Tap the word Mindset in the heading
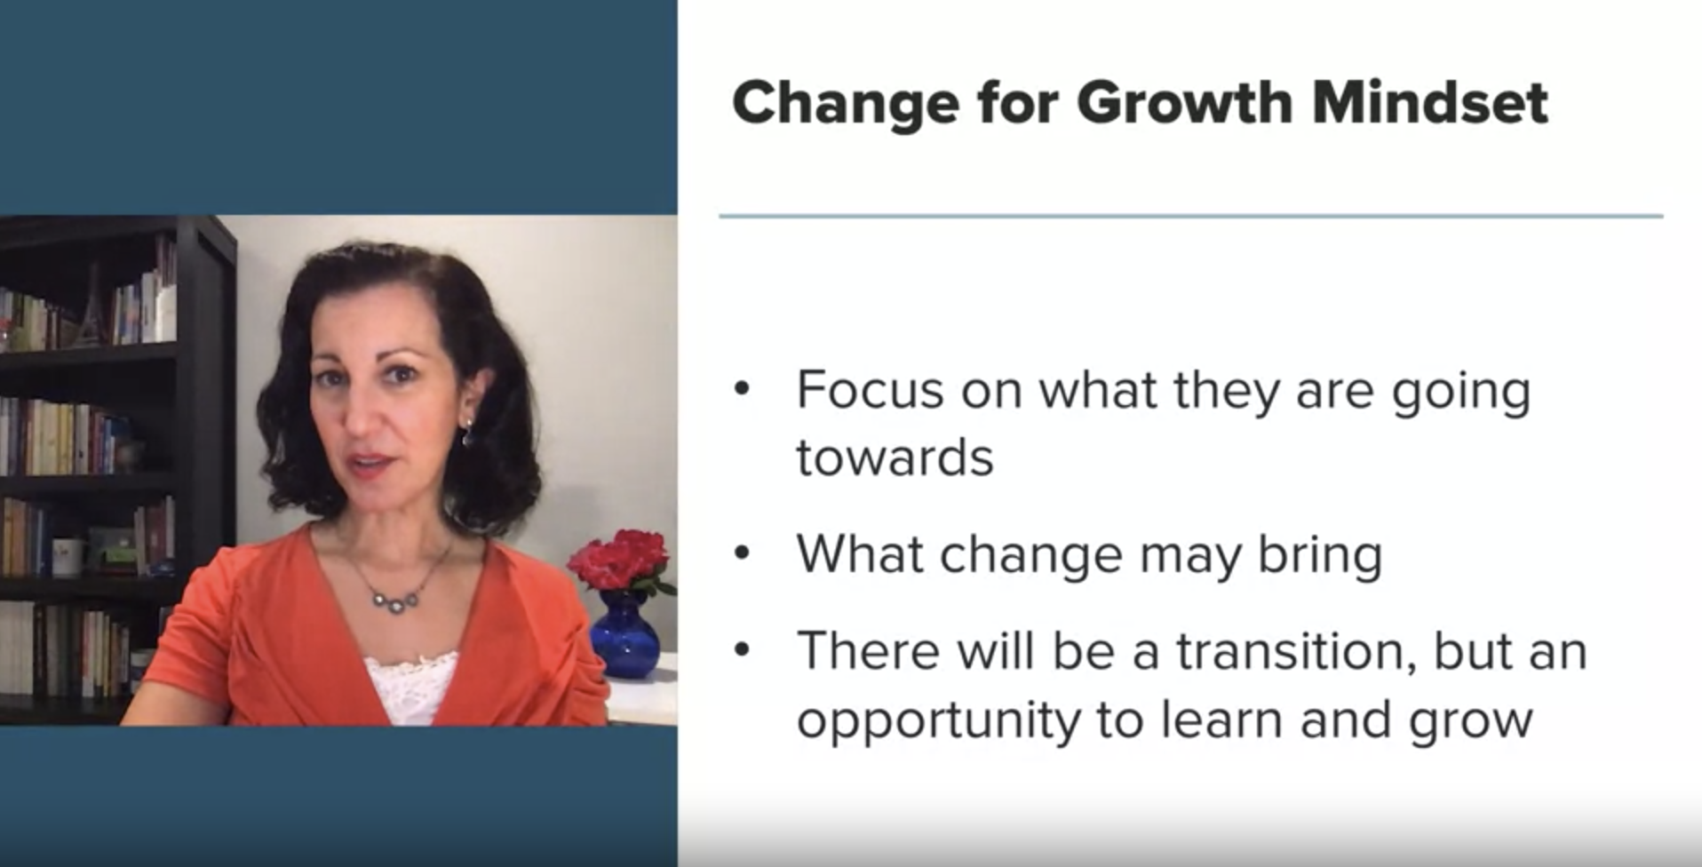1430,102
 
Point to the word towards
895,458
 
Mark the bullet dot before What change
743,554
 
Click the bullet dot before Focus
743,389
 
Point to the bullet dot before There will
743,650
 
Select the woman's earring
467,434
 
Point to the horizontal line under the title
1191,216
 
